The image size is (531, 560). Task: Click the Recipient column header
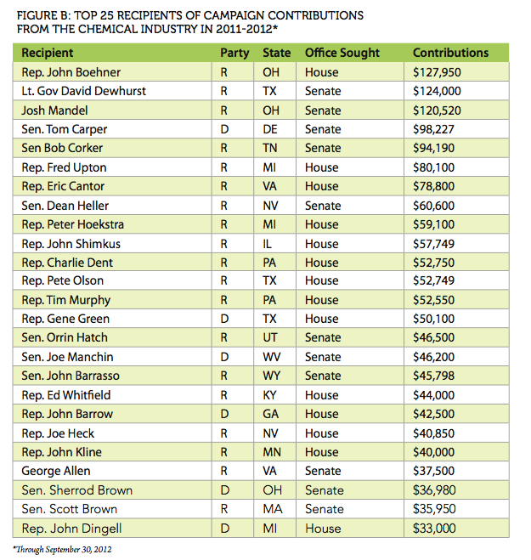(48, 53)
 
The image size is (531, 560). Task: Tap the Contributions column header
(450, 53)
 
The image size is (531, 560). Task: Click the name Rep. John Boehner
(71, 72)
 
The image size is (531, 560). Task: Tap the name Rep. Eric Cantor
(65, 186)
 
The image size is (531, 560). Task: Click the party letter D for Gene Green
(223, 319)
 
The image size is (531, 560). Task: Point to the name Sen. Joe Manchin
(67, 357)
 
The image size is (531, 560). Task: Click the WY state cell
(272, 376)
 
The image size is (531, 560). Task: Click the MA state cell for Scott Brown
(272, 508)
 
